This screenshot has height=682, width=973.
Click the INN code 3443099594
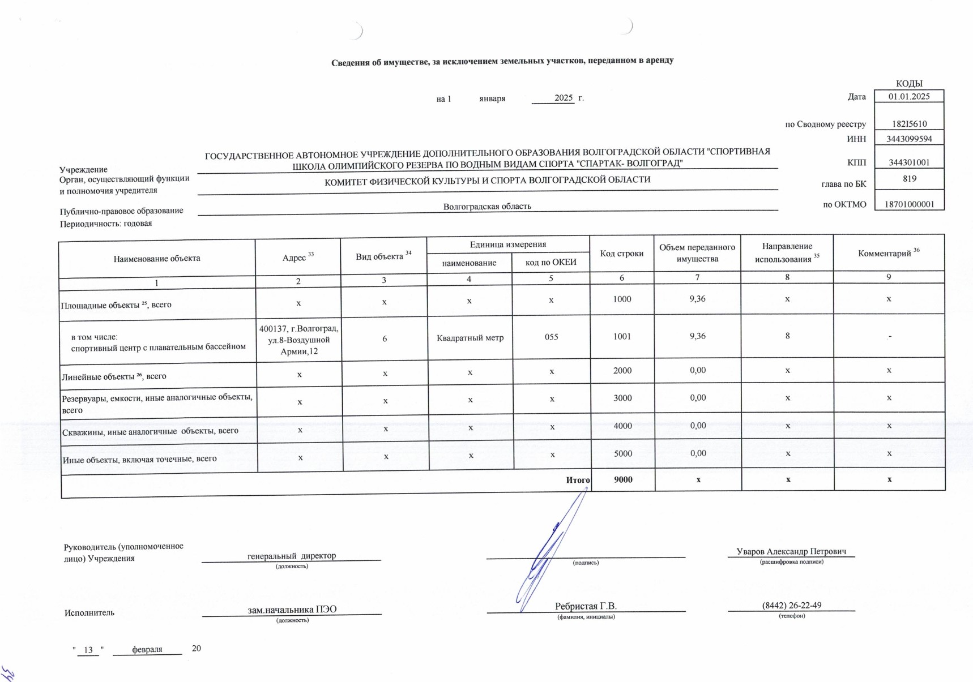pos(908,139)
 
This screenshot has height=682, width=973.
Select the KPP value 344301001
pos(908,162)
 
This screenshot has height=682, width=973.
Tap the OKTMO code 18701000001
pos(909,204)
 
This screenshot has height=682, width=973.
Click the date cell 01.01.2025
pos(908,96)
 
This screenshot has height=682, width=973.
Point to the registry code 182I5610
pos(908,124)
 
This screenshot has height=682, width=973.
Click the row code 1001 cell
pos(622,336)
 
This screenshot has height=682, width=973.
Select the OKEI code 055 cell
pos(551,337)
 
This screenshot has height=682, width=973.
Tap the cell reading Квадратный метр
pos(470,338)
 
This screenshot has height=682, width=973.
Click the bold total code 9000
pos(623,479)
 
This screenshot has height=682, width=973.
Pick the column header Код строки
pos(621,254)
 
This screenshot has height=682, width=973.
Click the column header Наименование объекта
pos(157,259)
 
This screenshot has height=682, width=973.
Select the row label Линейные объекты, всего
pos(114,376)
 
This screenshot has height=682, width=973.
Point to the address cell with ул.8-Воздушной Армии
pos(298,340)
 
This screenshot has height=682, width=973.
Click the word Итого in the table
pos(578,480)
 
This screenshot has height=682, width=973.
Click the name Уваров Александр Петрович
pos(791,551)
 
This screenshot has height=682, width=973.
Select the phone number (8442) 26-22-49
pos(791,605)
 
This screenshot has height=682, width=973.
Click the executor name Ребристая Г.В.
pos(586,606)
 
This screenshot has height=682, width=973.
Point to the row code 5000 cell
pos(622,454)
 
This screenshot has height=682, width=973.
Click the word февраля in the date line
pos(147,650)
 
